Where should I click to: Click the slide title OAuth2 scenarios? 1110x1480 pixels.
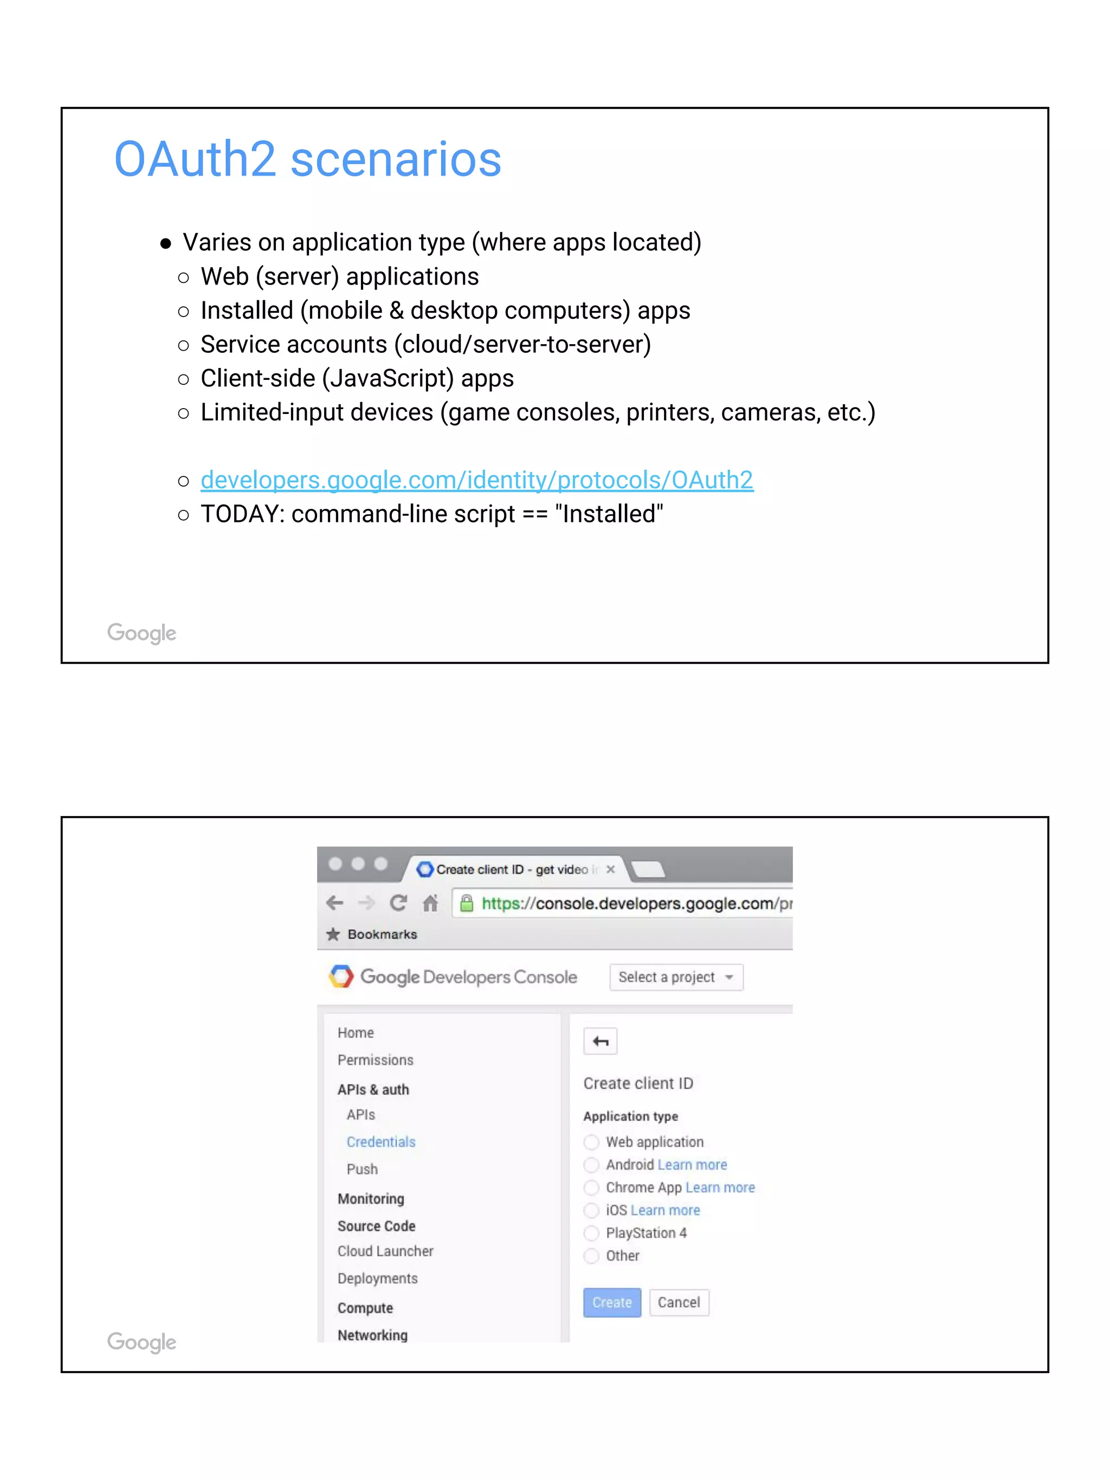(307, 159)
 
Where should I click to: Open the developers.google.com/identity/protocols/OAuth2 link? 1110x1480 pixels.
(476, 480)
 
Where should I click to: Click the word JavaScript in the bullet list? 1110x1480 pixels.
(384, 379)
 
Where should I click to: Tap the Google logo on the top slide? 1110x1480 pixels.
(142, 632)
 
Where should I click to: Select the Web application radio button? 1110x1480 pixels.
(591, 1142)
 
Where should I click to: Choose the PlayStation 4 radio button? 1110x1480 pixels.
(591, 1233)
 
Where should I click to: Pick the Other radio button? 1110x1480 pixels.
(591, 1256)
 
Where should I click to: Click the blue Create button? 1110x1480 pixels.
(611, 1302)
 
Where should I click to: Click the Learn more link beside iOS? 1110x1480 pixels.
(665, 1210)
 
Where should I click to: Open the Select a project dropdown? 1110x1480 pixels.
(676, 977)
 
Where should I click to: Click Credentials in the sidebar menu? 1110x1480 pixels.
(380, 1142)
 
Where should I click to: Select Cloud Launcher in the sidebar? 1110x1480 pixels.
(385, 1251)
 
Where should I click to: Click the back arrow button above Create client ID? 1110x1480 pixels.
(600, 1042)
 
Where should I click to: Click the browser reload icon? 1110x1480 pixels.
(398, 903)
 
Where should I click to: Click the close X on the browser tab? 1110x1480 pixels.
(610, 869)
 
